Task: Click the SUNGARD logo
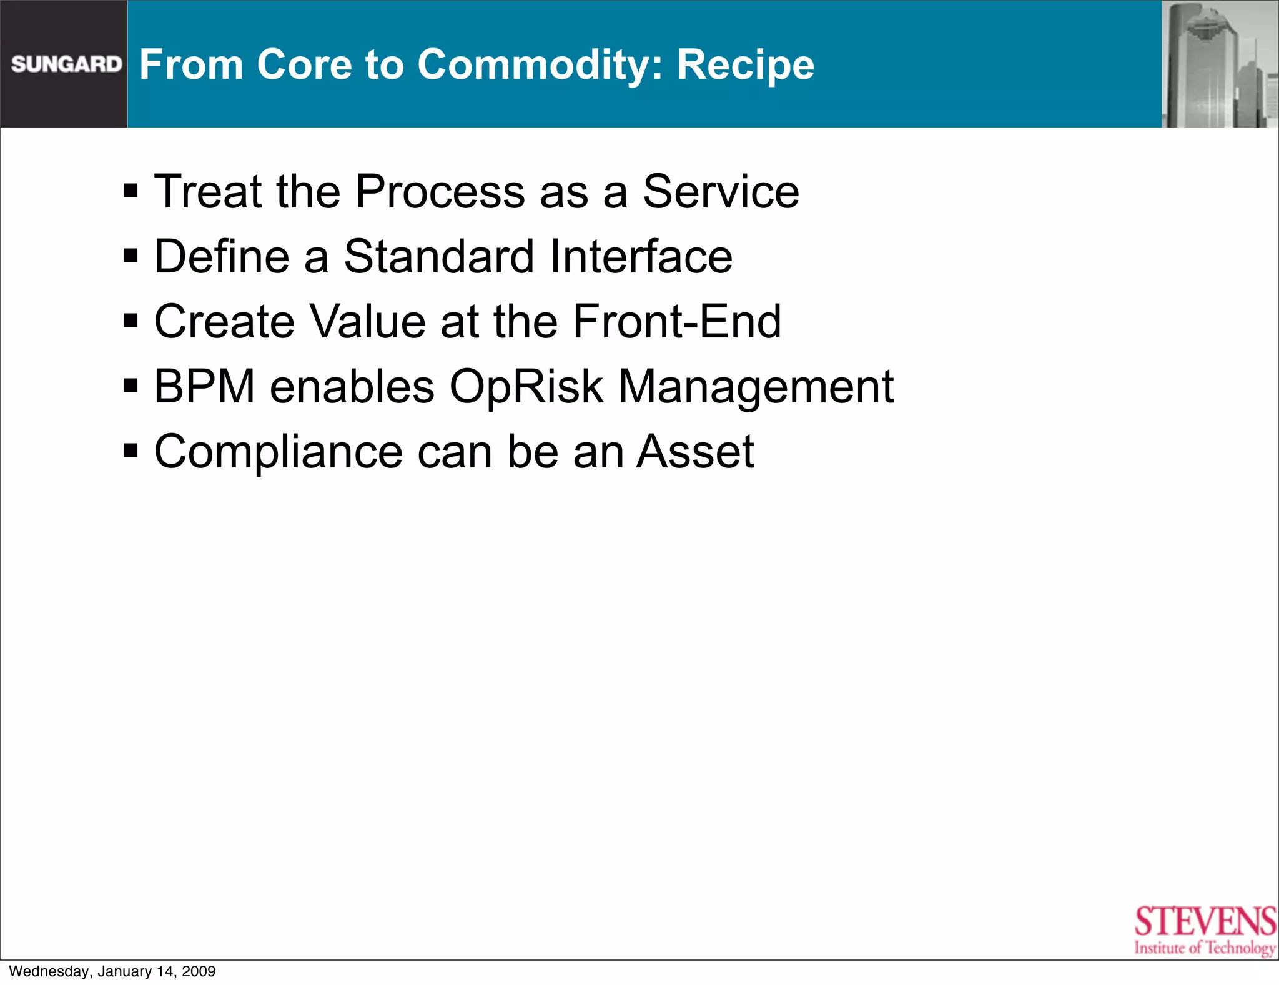[x=66, y=64]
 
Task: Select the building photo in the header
[x=1219, y=64]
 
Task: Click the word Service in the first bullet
[x=721, y=191]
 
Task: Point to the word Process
[x=440, y=191]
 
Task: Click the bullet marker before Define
[x=131, y=256]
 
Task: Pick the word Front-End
[x=676, y=321]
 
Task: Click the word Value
[x=367, y=321]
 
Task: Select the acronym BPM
[x=204, y=386]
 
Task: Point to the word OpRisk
[x=526, y=387]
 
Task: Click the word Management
[x=756, y=387]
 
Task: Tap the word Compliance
[x=279, y=452]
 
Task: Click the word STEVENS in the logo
[x=1205, y=922]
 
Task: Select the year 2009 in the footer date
[x=199, y=971]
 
